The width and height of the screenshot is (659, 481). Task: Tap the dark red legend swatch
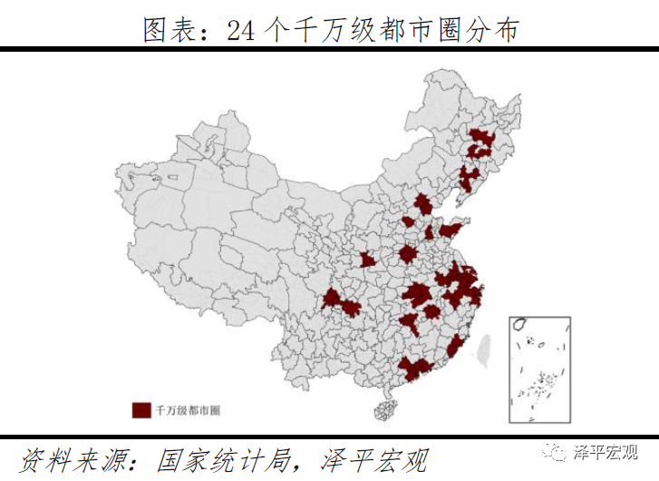click(x=141, y=409)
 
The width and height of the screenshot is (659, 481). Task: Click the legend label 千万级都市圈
click(x=189, y=410)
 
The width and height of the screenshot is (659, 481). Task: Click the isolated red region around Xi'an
click(x=368, y=261)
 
